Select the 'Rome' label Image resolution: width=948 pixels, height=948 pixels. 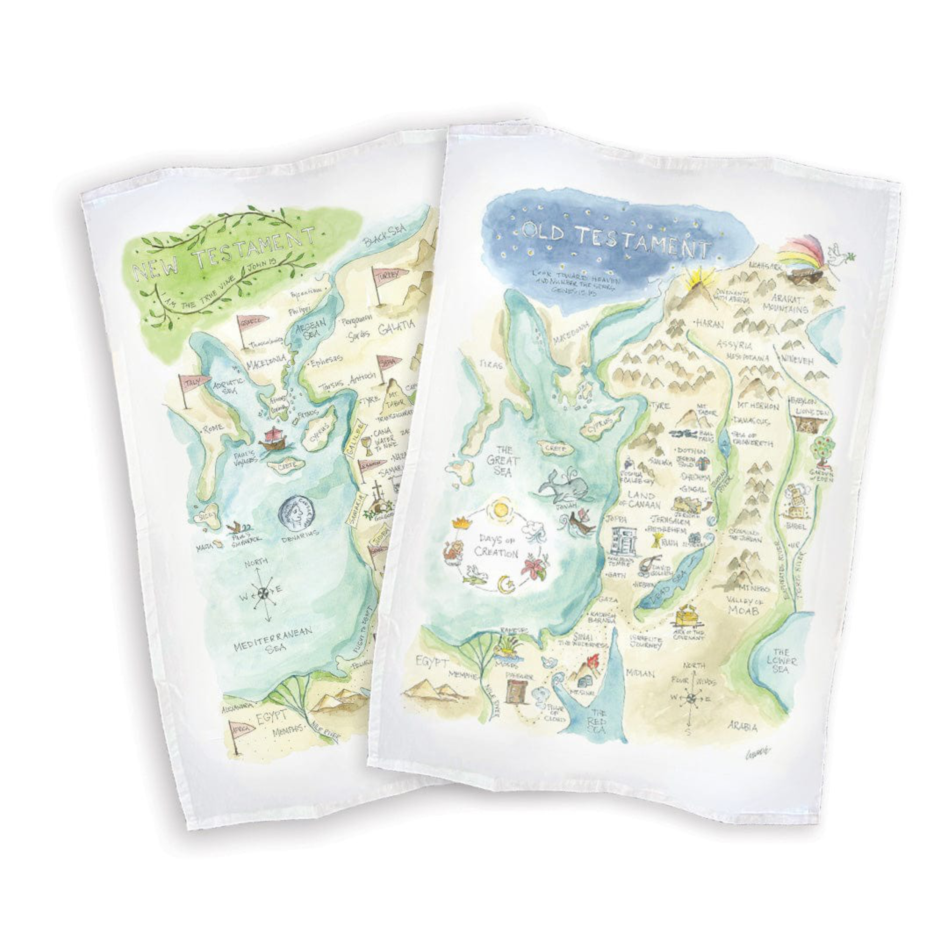click(x=212, y=428)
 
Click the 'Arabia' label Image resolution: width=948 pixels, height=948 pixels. click(x=743, y=726)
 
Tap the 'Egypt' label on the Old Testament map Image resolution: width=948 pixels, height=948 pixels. click(x=432, y=661)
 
